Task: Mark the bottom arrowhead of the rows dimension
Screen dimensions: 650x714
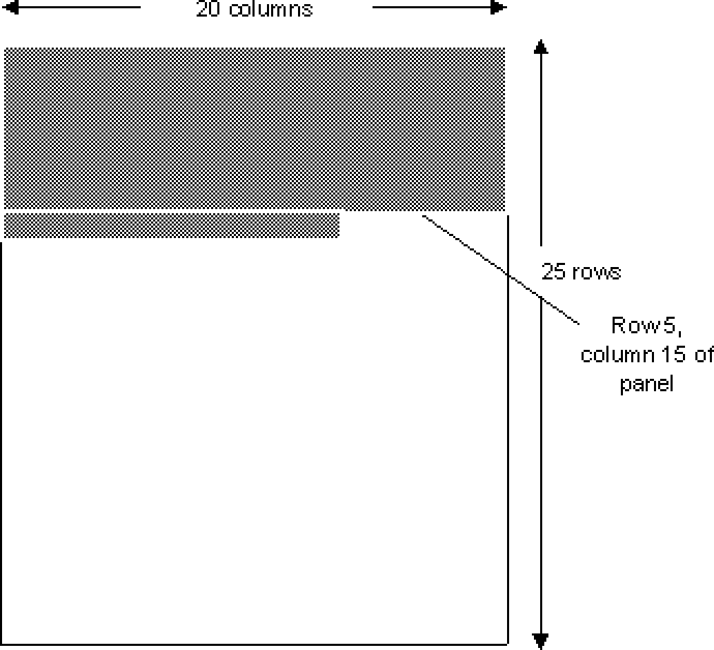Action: (x=542, y=640)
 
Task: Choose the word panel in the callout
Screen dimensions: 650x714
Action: (x=646, y=384)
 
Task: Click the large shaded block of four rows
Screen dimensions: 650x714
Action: (x=255, y=128)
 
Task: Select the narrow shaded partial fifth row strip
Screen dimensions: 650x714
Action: (x=172, y=226)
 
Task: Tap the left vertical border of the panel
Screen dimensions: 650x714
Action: (x=4, y=442)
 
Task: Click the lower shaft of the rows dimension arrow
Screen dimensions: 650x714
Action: (x=542, y=469)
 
